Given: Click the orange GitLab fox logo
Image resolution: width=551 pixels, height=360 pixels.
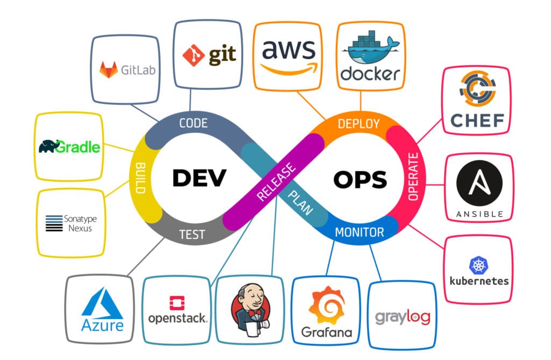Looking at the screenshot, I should (x=109, y=69).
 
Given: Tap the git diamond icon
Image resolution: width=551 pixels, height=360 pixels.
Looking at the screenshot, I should (x=193, y=55).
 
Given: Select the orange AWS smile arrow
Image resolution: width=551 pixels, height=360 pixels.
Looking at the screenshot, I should (x=287, y=68).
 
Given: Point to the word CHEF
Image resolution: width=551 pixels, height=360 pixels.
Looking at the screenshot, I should (x=477, y=120).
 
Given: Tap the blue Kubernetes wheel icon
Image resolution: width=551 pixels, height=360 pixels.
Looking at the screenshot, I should (x=478, y=264).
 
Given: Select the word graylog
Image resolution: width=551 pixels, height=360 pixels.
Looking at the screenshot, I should (x=402, y=317).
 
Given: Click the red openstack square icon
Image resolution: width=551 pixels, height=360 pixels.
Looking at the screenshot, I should (x=176, y=303).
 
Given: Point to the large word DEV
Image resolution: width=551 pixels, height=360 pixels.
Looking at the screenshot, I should (x=199, y=178).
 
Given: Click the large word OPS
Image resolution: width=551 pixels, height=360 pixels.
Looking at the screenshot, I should (x=360, y=179).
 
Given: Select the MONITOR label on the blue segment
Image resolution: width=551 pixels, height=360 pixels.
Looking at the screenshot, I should (x=359, y=232).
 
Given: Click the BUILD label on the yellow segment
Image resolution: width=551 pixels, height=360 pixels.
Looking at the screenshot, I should (x=141, y=178).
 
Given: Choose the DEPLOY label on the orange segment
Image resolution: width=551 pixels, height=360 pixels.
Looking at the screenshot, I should (x=358, y=124).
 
